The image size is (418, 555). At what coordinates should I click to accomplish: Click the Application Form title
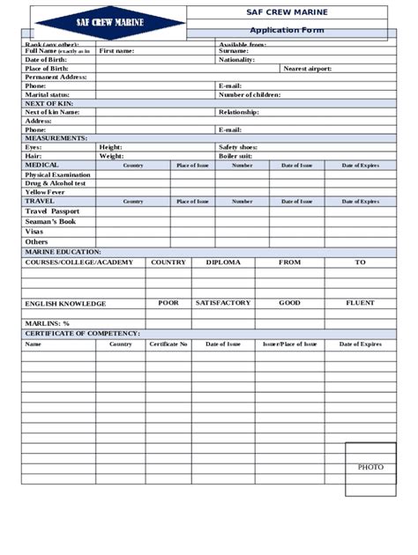click(287, 31)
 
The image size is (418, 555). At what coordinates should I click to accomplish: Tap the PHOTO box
click(370, 466)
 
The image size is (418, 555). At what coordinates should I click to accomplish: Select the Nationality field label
click(237, 60)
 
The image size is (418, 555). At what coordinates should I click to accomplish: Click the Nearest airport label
click(308, 69)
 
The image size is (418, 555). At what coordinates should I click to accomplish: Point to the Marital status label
click(47, 94)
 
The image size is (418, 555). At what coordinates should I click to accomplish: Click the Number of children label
click(250, 94)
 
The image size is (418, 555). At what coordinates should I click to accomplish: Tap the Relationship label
click(239, 113)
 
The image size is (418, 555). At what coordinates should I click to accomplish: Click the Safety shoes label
click(238, 147)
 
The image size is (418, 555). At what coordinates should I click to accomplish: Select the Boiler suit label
click(235, 156)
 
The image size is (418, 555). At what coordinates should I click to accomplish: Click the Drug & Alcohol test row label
click(56, 183)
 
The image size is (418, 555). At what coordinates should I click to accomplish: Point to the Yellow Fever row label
click(45, 192)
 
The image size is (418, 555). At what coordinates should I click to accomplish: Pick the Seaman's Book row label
click(51, 222)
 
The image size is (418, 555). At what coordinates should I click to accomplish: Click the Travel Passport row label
click(52, 211)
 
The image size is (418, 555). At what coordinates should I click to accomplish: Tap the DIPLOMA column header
click(222, 263)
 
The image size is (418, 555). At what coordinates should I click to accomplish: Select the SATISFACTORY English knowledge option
click(223, 303)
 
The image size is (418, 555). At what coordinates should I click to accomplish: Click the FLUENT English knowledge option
click(360, 303)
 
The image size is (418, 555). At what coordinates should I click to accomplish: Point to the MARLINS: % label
click(48, 323)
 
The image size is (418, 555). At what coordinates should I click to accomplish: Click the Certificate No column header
click(168, 344)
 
